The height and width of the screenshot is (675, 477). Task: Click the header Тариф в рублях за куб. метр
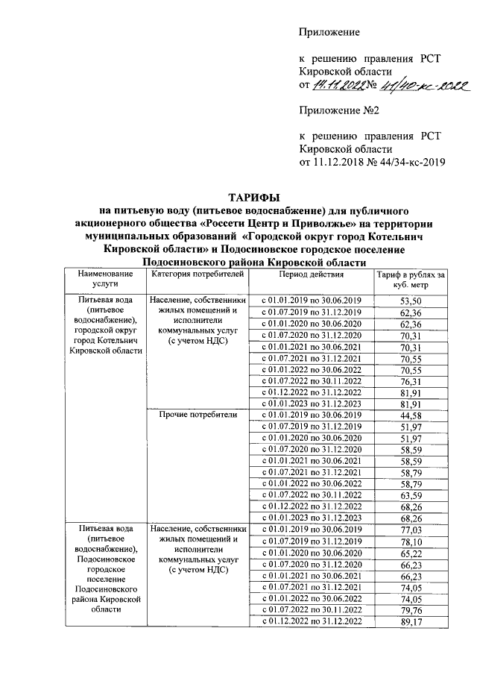pyautogui.click(x=411, y=280)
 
